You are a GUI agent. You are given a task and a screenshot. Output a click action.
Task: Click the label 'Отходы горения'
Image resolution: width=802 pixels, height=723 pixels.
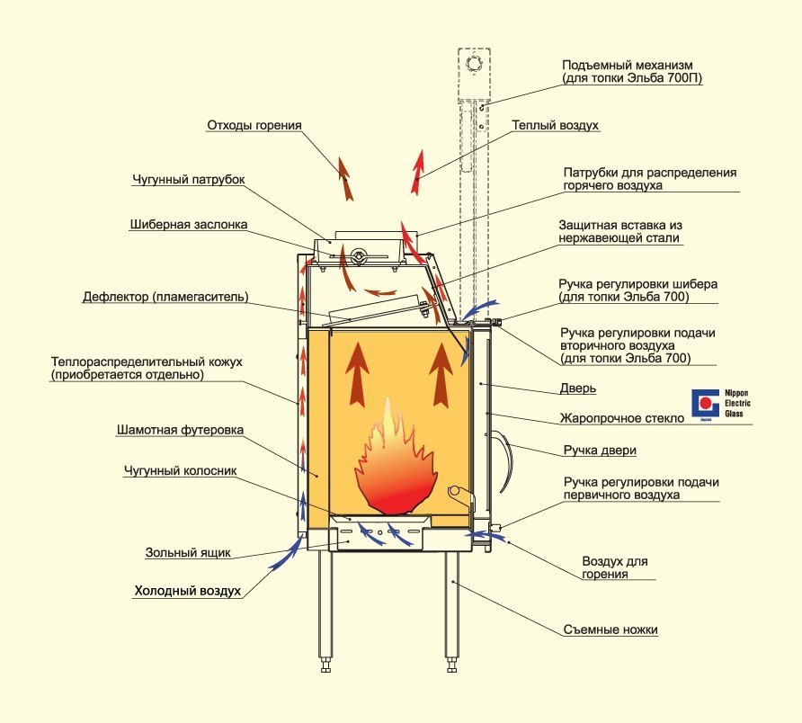[254, 126]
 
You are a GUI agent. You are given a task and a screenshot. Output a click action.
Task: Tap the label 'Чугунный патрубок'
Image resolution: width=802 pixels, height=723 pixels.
[188, 180]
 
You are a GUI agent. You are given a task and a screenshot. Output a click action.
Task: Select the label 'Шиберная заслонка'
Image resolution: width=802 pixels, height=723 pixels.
[188, 224]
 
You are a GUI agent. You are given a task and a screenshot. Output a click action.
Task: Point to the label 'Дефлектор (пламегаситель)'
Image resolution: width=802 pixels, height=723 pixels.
[165, 296]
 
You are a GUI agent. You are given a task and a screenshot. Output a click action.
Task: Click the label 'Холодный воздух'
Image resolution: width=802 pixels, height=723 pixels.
[188, 592]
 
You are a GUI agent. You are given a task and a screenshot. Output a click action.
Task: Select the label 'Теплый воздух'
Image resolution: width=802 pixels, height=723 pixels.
[555, 126]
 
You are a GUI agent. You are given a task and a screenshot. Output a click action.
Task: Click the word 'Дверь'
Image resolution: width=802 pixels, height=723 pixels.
[578, 389]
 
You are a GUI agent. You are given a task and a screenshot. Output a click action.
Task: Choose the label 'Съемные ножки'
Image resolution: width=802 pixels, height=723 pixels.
[610, 629]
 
